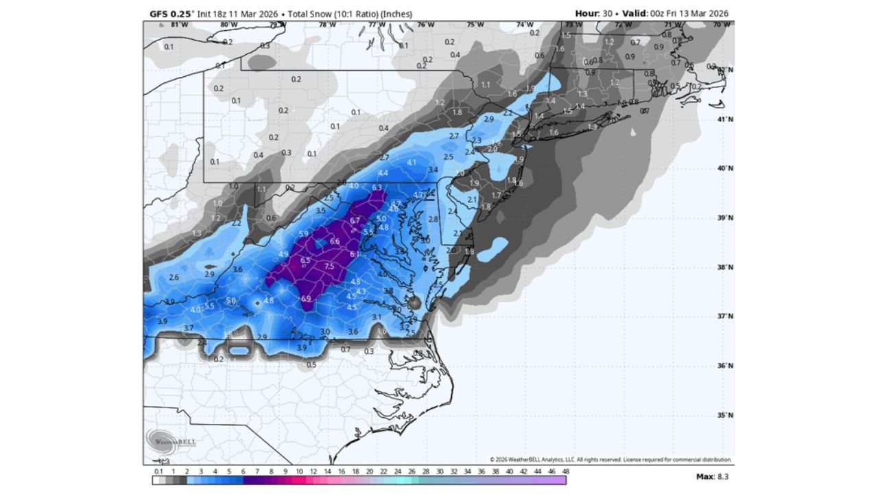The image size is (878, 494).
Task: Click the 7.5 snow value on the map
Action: coord(329,267)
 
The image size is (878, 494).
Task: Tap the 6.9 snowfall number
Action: coord(306,298)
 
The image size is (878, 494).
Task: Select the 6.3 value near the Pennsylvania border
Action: coord(377,187)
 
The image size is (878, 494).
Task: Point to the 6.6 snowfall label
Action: coord(335,242)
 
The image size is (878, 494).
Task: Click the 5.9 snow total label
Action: coord(304,234)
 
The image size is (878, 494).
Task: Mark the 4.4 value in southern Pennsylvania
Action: coord(383,173)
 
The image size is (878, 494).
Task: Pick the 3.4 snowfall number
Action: coord(432,169)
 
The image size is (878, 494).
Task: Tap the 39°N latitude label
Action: coord(726,218)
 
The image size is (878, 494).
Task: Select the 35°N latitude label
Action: coord(726,415)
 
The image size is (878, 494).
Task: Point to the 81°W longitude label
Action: coord(180,25)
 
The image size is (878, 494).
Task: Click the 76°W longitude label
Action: coord(426,25)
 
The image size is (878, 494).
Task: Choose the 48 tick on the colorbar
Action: coord(566,472)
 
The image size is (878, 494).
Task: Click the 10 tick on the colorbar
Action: coord(299,472)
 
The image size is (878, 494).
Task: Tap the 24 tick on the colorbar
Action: coord(397,472)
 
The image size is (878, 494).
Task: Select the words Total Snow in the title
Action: coord(311,13)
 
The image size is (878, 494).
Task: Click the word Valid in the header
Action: coord(634,13)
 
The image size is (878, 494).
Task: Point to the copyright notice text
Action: coord(610,460)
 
